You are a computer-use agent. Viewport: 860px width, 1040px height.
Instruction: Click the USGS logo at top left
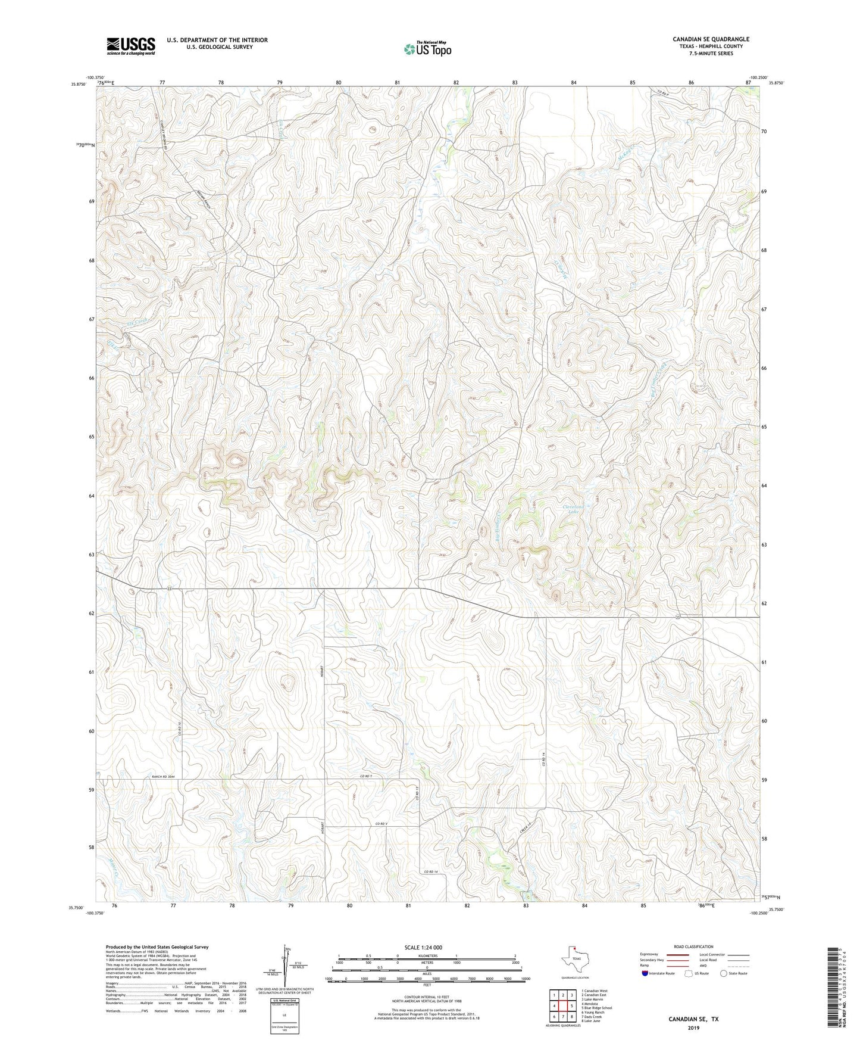pyautogui.click(x=131, y=46)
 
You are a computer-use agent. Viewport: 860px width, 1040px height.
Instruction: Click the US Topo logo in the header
pyautogui.click(x=427, y=49)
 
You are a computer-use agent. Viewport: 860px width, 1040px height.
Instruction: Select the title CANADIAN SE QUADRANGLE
pyautogui.click(x=711, y=39)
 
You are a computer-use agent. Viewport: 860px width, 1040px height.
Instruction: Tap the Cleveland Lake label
pyautogui.click(x=574, y=509)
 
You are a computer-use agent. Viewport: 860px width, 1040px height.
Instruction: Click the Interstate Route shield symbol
pyautogui.click(x=645, y=973)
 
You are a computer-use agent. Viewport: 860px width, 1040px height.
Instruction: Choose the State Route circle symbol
pyautogui.click(x=723, y=973)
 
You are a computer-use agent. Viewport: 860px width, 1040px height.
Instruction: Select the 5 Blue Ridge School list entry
pyautogui.click(x=596, y=1008)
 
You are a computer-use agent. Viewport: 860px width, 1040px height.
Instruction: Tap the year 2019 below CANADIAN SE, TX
pyautogui.click(x=693, y=1027)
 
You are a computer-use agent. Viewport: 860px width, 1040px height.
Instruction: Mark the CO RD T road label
pyautogui.click(x=366, y=776)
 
